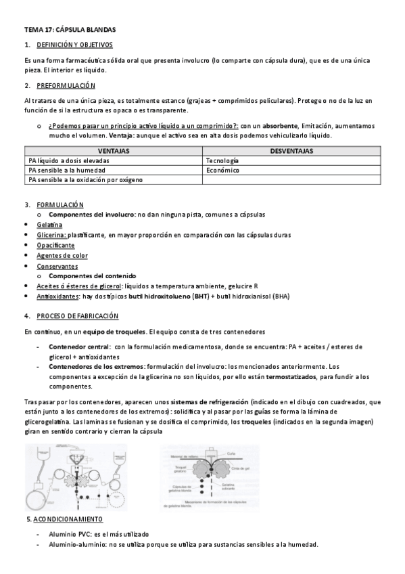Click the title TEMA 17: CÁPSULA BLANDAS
point(70,30)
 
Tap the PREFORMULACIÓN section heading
point(66,86)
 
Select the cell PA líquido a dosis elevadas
point(69,161)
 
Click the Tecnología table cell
point(222,161)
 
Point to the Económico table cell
point(223,171)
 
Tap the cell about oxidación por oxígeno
point(85,180)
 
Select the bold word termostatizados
point(292,376)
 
